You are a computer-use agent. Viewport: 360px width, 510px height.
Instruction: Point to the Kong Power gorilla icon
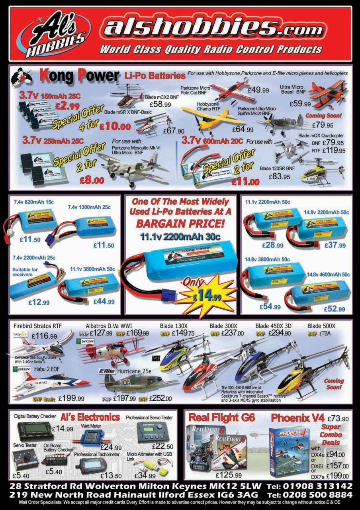click(22, 77)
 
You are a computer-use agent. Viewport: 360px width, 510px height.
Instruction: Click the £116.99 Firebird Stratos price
click(46, 336)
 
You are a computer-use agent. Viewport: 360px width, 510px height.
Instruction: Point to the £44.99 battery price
click(104, 302)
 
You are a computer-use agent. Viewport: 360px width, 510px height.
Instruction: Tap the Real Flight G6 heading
click(221, 418)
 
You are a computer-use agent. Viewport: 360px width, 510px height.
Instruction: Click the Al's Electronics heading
click(90, 417)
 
